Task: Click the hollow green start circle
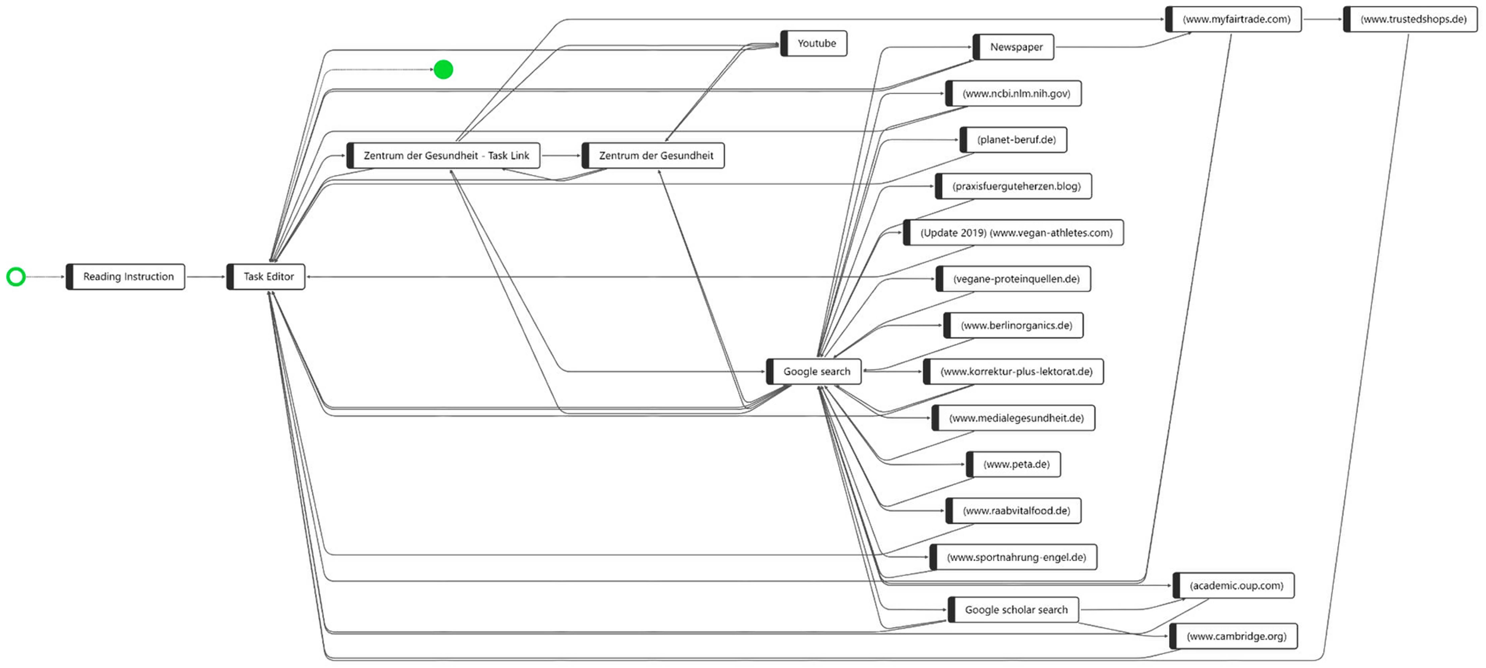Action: tap(16, 276)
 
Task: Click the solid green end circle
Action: tap(443, 70)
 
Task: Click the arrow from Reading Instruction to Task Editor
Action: tap(206, 276)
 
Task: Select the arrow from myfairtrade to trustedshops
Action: tap(1323, 19)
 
